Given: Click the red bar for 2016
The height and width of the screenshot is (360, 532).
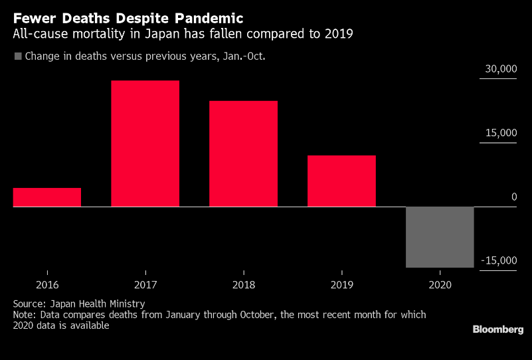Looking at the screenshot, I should tap(47, 197).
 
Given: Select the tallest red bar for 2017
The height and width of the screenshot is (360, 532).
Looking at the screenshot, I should tap(145, 143).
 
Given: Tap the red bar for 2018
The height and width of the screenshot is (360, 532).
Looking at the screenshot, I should tap(243, 153).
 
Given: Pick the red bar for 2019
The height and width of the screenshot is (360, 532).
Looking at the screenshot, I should tap(341, 181).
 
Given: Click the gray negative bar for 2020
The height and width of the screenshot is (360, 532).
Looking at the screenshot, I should tap(440, 237).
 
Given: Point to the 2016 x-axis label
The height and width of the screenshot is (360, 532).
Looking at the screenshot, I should tap(47, 284).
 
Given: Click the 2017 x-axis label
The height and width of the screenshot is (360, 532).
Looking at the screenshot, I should tap(145, 284).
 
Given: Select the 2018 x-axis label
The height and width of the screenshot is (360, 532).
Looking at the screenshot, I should tap(243, 284).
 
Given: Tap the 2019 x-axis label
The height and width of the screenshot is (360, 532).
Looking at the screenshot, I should tap(341, 284).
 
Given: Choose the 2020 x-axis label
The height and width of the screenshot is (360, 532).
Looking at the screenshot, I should tap(440, 284).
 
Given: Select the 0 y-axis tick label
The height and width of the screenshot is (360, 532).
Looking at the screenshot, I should tap(513, 197).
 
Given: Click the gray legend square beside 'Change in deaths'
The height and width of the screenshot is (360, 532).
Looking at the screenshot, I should tap(18, 56).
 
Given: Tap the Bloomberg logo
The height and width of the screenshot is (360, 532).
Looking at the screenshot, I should tap(497, 329).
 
